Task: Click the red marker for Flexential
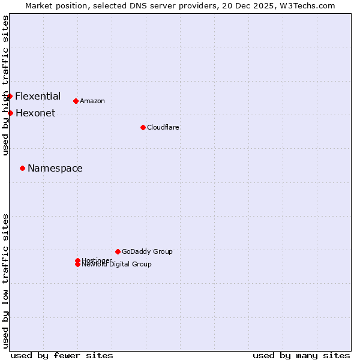10,96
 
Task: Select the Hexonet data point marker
10,113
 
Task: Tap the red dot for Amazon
76,101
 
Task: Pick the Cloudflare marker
143,127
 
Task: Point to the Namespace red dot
22,168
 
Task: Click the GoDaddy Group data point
118,251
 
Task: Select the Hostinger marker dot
77,260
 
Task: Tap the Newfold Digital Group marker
77,265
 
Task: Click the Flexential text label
38,96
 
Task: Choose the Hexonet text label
35,113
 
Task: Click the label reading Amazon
92,101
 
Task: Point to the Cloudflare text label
163,127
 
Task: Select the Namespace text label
55,168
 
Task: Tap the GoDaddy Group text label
147,251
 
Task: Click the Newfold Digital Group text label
117,265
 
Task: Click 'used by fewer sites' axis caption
62,355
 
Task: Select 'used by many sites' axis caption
301,355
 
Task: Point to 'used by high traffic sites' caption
5,85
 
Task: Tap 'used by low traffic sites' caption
5,281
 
